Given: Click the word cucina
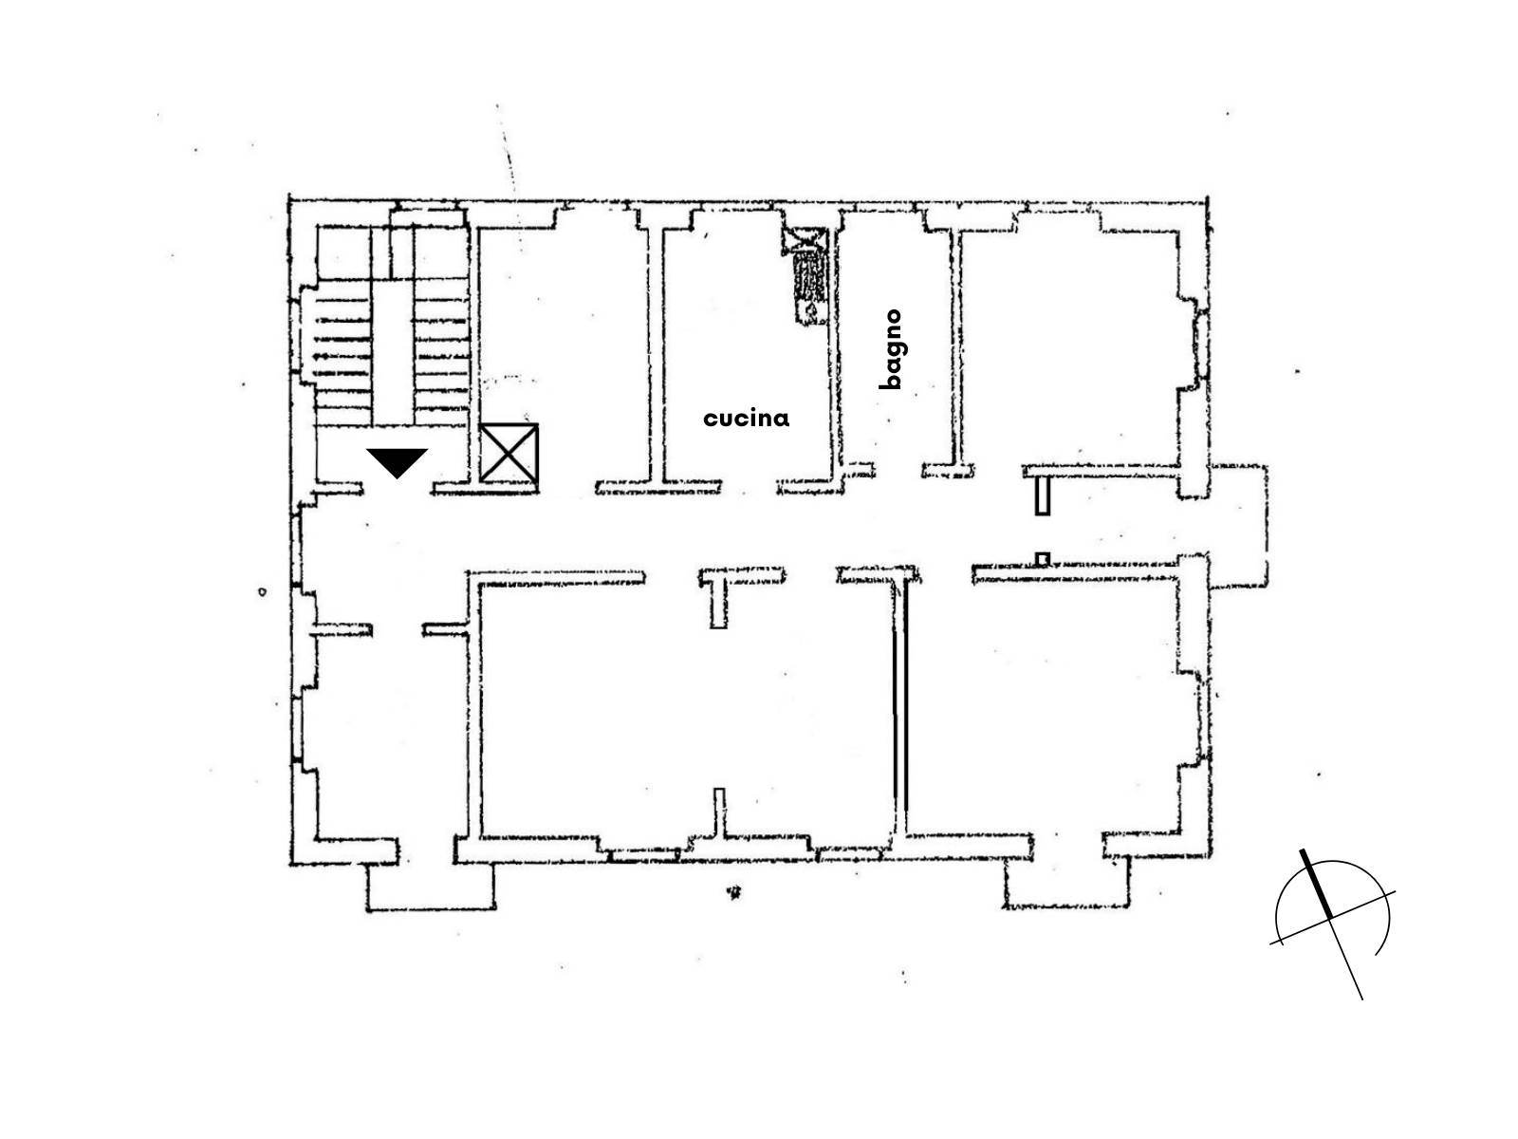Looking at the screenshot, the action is tap(746, 419).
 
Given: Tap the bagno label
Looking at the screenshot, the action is tap(891, 349).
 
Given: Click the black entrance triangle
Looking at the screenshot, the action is tap(397, 462).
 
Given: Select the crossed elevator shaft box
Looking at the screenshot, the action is tap(509, 453).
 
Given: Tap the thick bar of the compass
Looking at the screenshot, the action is tap(1316, 883).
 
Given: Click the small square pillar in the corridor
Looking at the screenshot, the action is tap(1042, 559).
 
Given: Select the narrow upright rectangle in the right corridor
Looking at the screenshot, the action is tap(1042, 496).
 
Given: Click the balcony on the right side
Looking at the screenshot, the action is tap(1238, 526).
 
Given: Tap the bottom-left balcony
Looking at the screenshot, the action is tap(430, 887).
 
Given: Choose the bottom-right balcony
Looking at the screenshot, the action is tap(1066, 883).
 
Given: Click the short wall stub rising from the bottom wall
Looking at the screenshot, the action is tap(719, 816).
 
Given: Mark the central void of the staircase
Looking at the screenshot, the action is tap(393, 353).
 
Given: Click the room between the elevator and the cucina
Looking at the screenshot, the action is tap(565, 345).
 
